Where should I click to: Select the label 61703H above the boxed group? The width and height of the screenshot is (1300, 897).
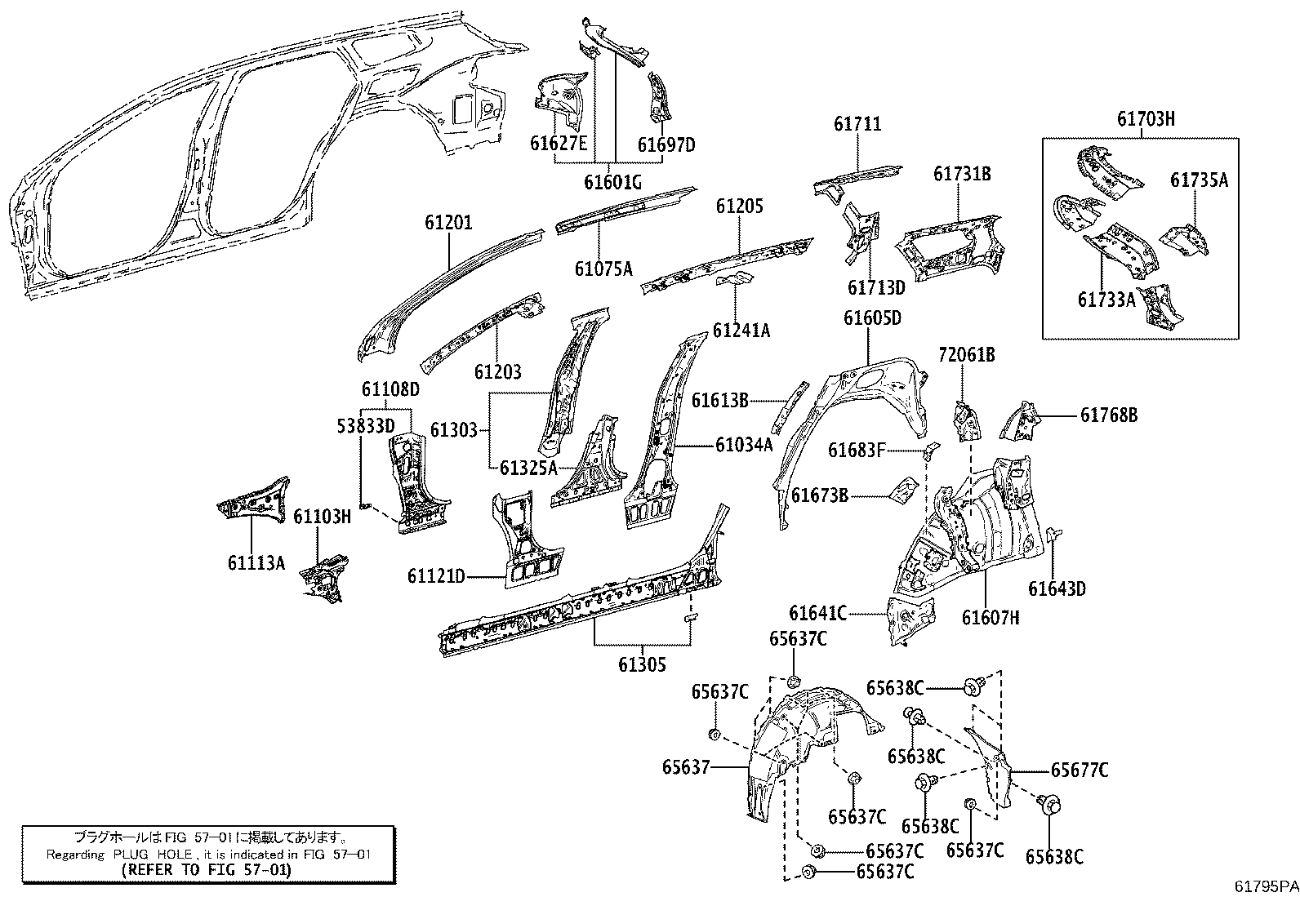click(1146, 119)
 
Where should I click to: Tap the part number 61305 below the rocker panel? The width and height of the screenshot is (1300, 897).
click(642, 665)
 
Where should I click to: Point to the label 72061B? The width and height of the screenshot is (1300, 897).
click(966, 355)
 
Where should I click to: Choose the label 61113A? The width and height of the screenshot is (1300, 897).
click(256, 562)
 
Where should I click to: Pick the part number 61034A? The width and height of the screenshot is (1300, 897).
click(743, 445)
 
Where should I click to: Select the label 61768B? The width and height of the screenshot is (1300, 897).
click(1108, 415)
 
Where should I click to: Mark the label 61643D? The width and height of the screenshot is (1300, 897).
click(1057, 588)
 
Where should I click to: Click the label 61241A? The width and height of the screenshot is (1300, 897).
click(741, 331)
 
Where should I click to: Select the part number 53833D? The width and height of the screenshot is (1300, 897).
click(366, 425)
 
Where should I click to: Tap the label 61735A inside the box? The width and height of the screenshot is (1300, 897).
click(1199, 180)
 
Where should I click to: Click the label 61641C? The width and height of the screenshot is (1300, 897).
click(818, 613)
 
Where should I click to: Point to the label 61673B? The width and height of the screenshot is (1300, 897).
click(819, 495)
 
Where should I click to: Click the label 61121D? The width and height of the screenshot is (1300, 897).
click(436, 577)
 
